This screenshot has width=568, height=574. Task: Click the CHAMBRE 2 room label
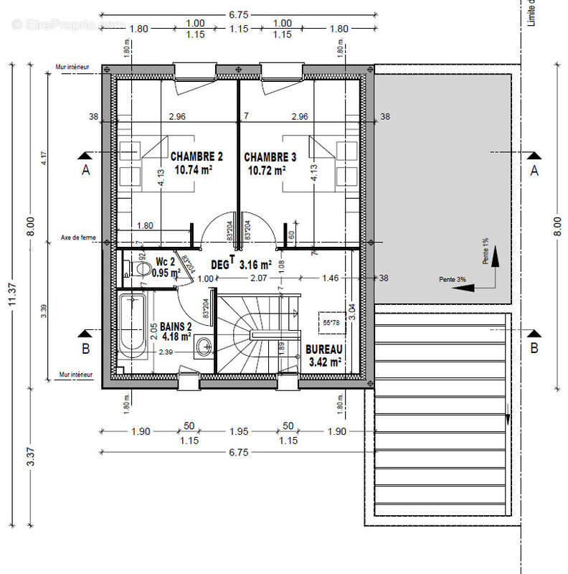click(196, 156)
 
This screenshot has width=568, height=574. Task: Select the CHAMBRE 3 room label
click(270, 156)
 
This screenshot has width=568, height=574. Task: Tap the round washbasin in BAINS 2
click(204, 347)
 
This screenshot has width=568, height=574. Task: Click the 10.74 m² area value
click(196, 171)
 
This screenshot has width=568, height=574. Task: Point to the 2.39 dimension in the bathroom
click(165, 352)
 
